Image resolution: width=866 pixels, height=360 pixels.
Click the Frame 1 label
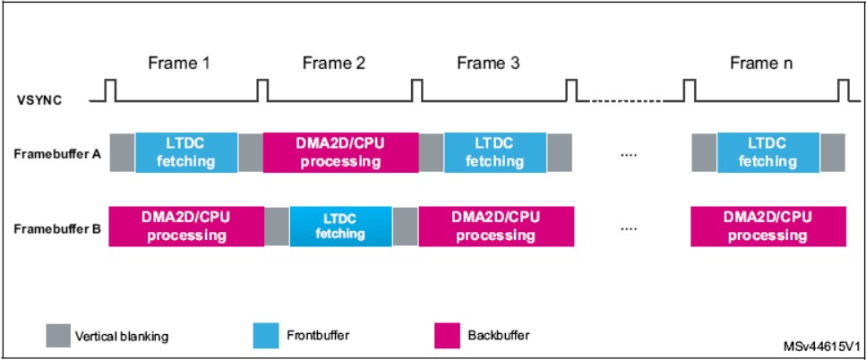tap(179, 64)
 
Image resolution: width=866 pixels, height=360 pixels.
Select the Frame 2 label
tap(333, 64)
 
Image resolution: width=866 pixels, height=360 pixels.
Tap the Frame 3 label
tap(488, 64)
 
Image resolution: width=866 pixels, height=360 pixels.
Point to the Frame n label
tap(761, 64)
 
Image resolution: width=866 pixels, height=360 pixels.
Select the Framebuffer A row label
tap(57, 154)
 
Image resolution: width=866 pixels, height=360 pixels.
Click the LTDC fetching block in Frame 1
tap(186, 152)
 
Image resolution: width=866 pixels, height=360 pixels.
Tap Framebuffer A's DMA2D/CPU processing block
tap(341, 152)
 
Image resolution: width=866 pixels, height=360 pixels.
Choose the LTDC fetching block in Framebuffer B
tap(341, 227)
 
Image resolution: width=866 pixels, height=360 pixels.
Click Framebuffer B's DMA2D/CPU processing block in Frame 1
tap(186, 227)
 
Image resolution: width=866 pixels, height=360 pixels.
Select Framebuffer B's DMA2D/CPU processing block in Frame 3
tap(496, 227)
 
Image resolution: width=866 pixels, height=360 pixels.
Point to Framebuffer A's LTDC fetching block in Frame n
tap(768, 152)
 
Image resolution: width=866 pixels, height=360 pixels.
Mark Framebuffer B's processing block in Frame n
tap(768, 227)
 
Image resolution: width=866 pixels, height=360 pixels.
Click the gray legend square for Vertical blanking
tap(58, 335)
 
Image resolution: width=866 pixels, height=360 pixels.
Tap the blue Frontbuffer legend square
tap(266, 335)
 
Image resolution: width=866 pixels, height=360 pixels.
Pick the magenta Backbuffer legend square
tap(447, 335)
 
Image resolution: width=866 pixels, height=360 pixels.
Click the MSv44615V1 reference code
tap(821, 347)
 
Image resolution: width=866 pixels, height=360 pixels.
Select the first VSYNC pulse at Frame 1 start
tap(111, 90)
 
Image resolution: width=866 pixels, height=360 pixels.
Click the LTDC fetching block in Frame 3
tap(495, 152)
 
